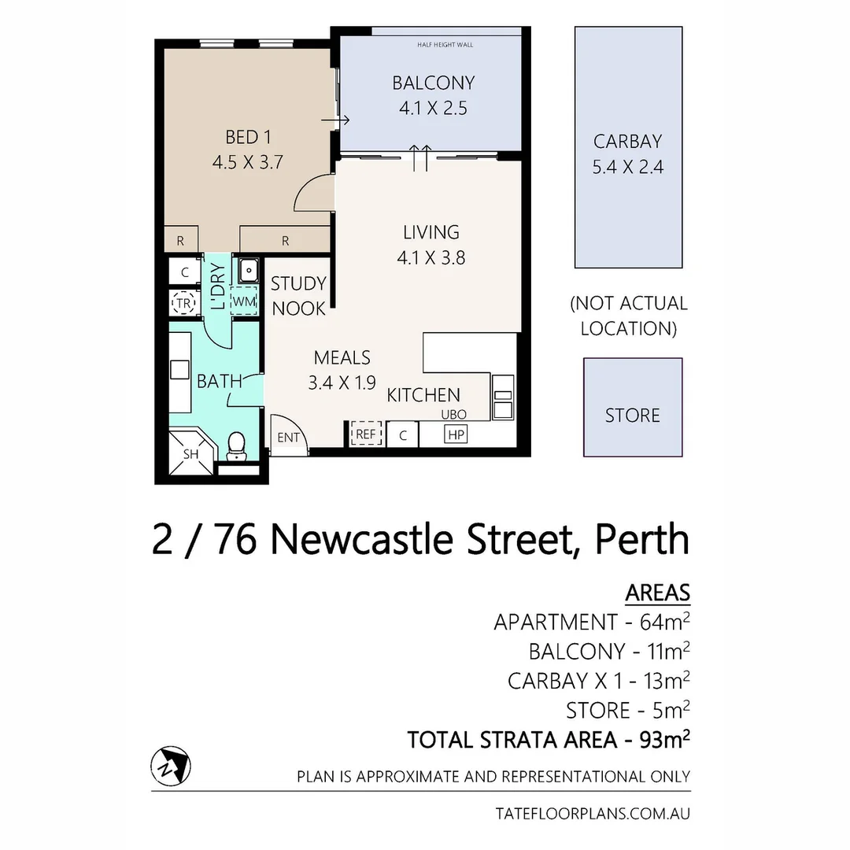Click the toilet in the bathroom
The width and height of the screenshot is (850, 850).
pos(235,446)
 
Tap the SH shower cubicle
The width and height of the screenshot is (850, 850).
pos(191,454)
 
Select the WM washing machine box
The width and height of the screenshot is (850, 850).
pos(243,301)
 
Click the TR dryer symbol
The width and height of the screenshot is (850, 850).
pos(183,303)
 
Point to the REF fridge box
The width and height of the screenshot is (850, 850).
pos(365,434)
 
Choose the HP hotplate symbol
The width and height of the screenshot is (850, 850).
pos(455,434)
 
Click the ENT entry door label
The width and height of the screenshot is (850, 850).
pos(288,437)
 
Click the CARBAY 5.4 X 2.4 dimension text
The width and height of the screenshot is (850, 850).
pos(628,167)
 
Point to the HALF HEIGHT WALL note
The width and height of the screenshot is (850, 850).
pos(445,45)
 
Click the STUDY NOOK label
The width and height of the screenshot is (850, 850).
pos(298,297)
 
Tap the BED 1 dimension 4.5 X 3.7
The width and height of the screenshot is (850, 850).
pos(247,163)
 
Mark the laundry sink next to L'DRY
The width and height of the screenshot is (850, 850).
pos(247,271)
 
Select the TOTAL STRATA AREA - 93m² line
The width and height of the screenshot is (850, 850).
pos(549,741)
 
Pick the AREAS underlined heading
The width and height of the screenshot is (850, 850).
pos(657,592)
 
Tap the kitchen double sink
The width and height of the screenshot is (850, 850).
pos(502,397)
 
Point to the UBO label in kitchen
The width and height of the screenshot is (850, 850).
pos(454,415)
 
